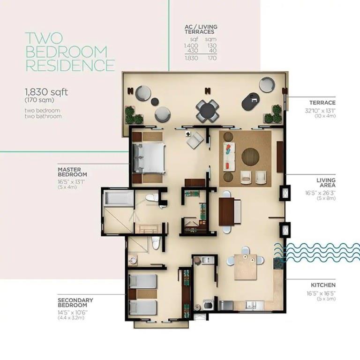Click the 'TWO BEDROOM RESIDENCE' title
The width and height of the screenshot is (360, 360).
point(69,52)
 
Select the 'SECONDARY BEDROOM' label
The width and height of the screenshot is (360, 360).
point(75,302)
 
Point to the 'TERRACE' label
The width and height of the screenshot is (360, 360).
point(322,103)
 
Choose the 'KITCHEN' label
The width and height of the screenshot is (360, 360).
point(323,285)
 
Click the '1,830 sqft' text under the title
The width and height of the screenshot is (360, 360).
point(46,92)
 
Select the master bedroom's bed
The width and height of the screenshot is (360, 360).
point(149,157)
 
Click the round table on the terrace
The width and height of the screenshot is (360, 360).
point(207,111)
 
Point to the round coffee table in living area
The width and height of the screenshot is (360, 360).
point(250,157)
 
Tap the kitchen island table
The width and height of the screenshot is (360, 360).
point(245,266)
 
